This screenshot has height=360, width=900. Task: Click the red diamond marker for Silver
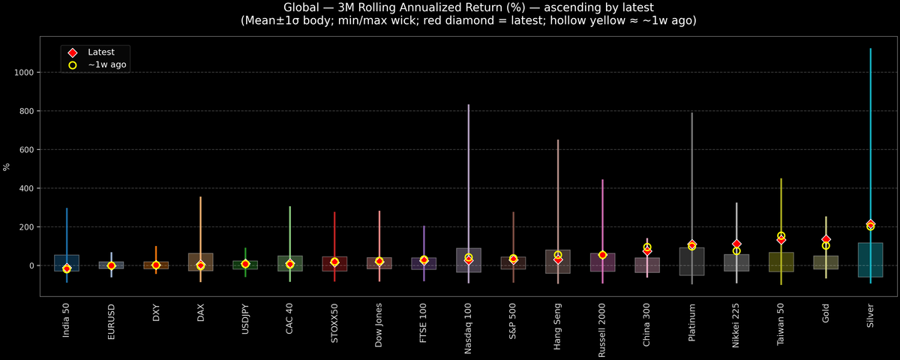coord(870,224)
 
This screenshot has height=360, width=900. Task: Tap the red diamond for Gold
coord(826,239)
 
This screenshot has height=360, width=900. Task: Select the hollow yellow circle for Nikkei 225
coord(736,251)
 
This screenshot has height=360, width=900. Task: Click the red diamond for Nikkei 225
coord(736,244)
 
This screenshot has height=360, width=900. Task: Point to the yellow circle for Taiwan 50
coord(781,235)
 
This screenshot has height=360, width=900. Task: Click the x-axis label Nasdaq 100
coord(469,328)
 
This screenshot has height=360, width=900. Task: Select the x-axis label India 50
coord(67,320)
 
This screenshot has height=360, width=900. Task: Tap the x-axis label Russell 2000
coord(602,331)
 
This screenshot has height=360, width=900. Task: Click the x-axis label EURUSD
coord(111,322)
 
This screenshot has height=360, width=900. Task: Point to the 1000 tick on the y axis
coord(25,73)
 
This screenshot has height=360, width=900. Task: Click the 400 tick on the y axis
coord(28,188)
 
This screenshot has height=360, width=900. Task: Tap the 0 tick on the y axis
coord(32,265)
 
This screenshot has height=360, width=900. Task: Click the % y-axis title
coord(7,166)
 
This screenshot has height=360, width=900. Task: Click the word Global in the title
coord(301,7)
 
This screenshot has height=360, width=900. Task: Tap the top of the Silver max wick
coord(870,49)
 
